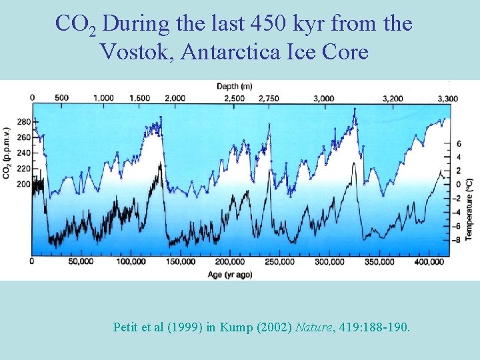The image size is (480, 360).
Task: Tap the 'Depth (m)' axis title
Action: pyautogui.click(x=235, y=86)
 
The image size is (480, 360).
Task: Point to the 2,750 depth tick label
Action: pyautogui.click(x=268, y=98)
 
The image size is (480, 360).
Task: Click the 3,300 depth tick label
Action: pyautogui.click(x=447, y=98)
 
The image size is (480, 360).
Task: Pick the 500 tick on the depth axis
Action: pyautogui.click(x=61, y=98)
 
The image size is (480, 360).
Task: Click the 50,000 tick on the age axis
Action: pyautogui.click(x=81, y=262)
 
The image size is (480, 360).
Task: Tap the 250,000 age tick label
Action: pyautogui.click(x=278, y=262)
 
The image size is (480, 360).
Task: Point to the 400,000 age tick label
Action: pyautogui.click(x=426, y=262)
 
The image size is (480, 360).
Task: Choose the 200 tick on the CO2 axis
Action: pyautogui.click(x=23, y=183)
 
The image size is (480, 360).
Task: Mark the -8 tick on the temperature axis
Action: pyautogui.click(x=458, y=239)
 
